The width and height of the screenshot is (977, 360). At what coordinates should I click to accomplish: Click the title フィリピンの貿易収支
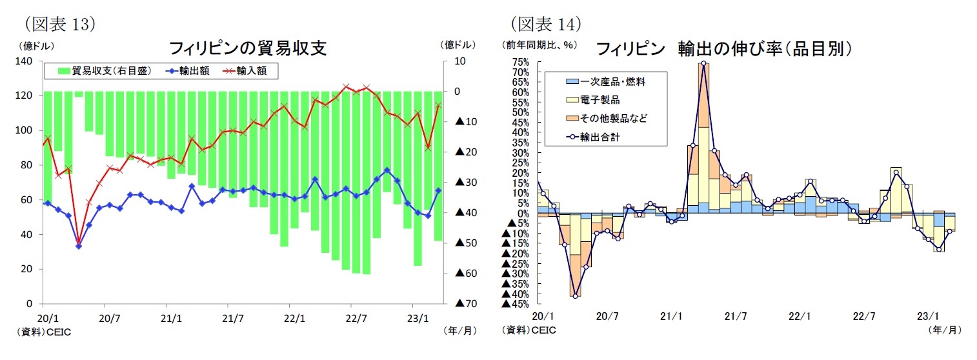[x=247, y=48]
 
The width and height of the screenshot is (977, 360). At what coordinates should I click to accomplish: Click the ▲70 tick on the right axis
[x=465, y=304]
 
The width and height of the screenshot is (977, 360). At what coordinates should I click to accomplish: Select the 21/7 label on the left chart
[x=233, y=317]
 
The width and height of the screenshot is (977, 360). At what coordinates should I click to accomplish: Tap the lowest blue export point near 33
[x=79, y=246]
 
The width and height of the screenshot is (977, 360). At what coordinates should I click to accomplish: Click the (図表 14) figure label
[x=546, y=25]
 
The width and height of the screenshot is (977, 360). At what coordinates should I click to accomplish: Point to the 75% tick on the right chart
[x=520, y=62]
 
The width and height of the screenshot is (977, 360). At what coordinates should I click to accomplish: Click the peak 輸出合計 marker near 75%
[x=703, y=63]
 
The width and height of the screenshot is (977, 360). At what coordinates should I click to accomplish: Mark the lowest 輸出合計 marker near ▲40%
[x=575, y=296]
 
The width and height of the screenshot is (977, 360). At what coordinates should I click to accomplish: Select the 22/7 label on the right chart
[x=863, y=317]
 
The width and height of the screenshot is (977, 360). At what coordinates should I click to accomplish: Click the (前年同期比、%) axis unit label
[x=539, y=45]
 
